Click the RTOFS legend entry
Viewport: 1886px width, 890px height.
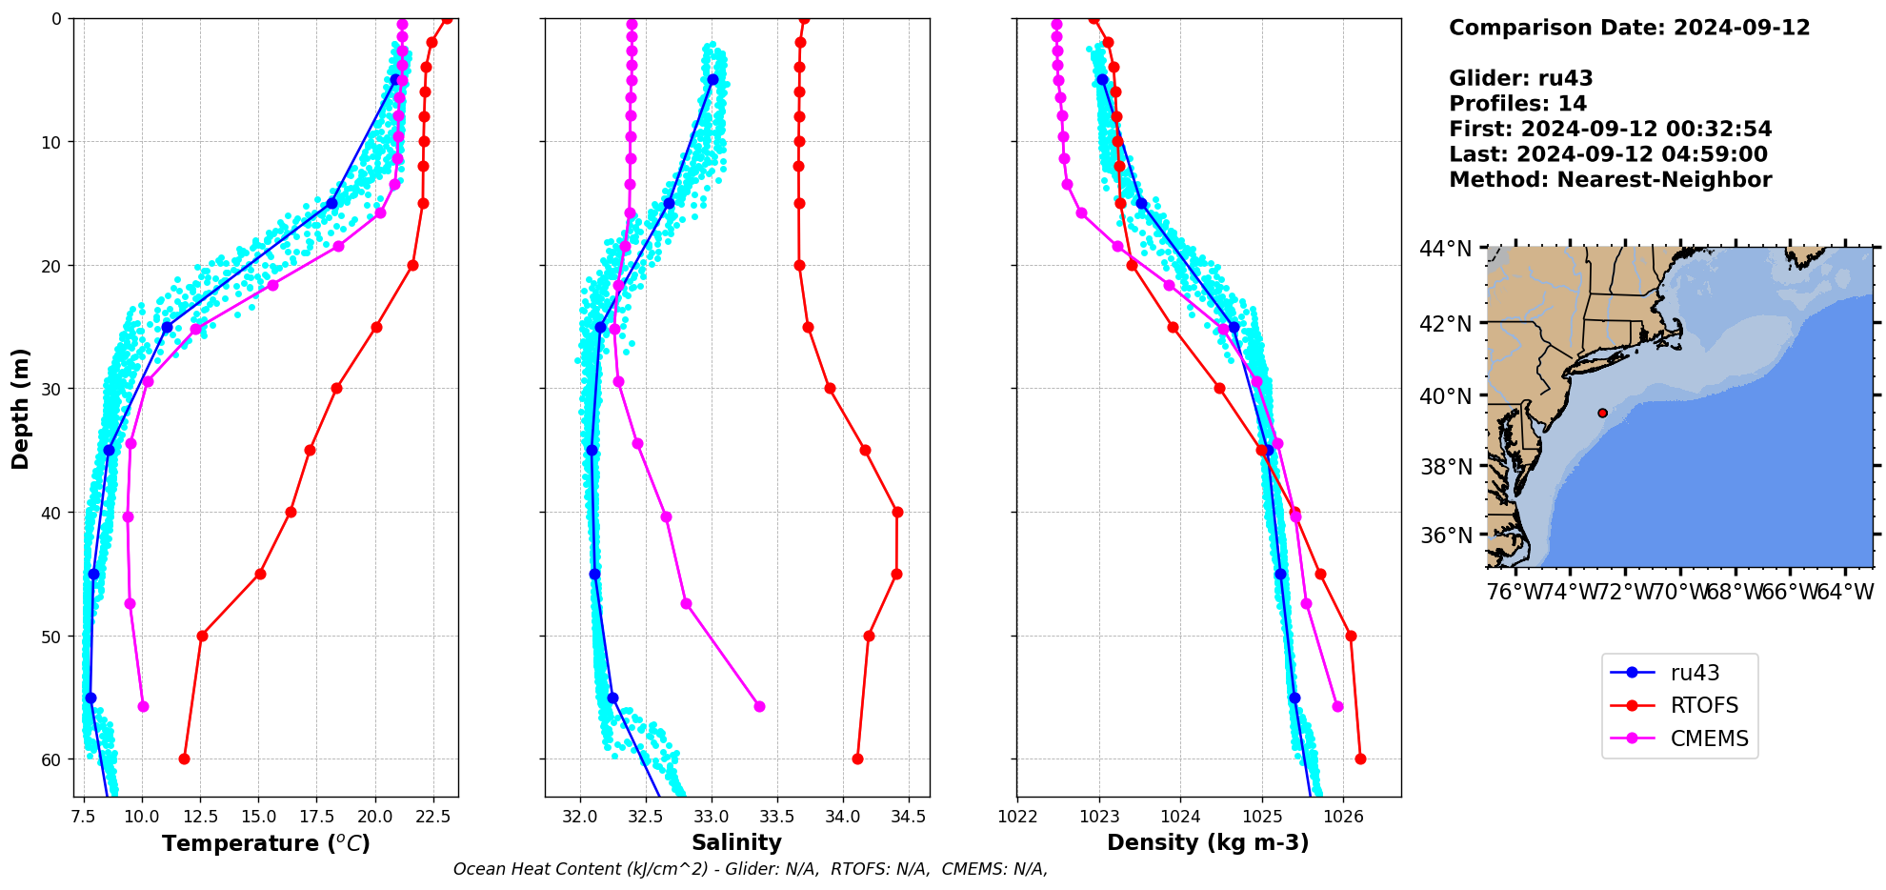[1703, 705]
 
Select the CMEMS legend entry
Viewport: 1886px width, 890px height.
[1709, 738]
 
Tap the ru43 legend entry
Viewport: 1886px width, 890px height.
[1695, 673]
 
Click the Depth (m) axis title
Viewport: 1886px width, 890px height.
[21, 408]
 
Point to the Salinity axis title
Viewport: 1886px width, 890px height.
[736, 842]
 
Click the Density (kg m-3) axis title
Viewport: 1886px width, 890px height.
[1207, 842]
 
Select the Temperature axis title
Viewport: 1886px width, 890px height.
[266, 843]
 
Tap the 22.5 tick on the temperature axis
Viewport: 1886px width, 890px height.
[433, 816]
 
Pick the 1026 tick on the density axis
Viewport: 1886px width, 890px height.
[1343, 816]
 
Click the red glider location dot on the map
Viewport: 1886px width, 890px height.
[1602, 413]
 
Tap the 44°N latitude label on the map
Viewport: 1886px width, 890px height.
[1445, 249]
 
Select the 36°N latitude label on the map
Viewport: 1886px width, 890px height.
[1445, 536]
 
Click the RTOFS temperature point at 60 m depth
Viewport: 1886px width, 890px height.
[184, 759]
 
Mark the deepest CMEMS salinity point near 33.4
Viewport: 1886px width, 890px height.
[759, 706]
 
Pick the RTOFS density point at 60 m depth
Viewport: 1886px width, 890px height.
[1360, 759]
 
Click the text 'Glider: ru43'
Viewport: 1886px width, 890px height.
[1520, 78]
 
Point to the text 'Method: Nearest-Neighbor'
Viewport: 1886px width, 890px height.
[1610, 179]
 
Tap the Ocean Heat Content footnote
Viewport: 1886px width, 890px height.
[750, 869]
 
